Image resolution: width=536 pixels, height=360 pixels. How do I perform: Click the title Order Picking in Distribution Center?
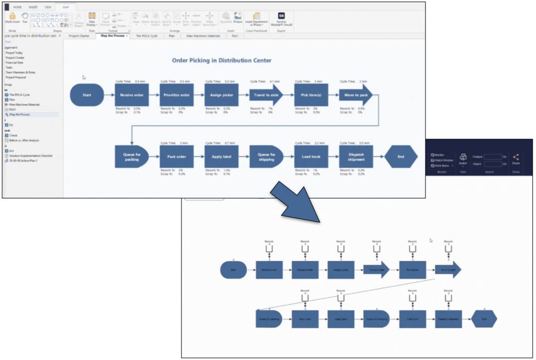(221, 60)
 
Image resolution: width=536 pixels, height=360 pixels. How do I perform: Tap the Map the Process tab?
(113, 36)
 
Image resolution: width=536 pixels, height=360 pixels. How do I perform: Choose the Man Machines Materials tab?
(203, 36)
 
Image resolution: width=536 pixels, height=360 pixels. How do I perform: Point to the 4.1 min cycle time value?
(274, 81)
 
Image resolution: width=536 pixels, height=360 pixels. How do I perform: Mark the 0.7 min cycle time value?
(229, 143)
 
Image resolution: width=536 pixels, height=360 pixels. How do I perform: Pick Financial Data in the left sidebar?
(14, 62)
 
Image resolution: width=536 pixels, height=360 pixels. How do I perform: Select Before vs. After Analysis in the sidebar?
(24, 140)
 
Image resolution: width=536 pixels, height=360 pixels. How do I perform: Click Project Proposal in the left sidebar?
(16, 76)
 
